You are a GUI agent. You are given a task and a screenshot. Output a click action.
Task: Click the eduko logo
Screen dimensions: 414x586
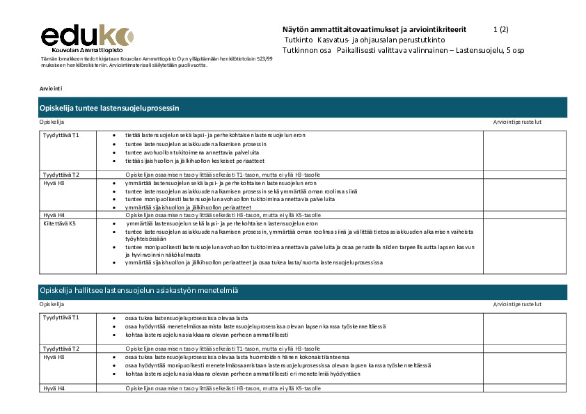(x=87, y=35)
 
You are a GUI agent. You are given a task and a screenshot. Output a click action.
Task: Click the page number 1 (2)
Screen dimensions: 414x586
(x=500, y=29)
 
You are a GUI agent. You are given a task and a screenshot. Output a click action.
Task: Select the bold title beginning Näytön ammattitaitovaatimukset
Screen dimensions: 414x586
(x=374, y=29)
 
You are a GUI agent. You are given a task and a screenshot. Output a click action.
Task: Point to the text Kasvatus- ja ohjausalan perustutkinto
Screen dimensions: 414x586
(x=376, y=40)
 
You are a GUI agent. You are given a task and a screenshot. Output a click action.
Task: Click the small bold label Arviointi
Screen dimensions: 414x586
(x=52, y=89)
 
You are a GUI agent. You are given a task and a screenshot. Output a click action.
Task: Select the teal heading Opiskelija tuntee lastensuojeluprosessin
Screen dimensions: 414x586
(x=110, y=108)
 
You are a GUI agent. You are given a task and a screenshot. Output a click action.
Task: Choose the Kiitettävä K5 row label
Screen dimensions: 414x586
(x=60, y=224)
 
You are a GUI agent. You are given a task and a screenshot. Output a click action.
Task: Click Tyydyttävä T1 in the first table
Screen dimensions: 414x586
(x=61, y=135)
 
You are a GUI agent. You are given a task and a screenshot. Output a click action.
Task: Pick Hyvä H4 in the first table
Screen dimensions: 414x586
(x=54, y=215)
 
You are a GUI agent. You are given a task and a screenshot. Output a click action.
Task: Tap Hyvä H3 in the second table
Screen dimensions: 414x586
(x=54, y=357)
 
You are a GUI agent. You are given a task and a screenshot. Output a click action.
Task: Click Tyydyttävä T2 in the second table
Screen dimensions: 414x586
(x=61, y=349)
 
